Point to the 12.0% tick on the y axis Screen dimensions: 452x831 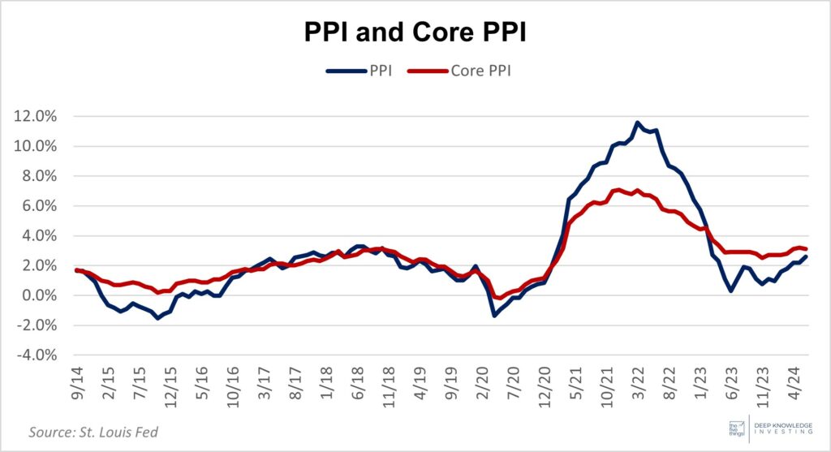pyautogui.click(x=35, y=116)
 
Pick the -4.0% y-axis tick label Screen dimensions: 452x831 pyautogui.click(x=36, y=355)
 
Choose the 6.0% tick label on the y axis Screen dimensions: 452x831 pyautogui.click(x=38, y=206)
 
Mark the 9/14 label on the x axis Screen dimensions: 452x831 pyautogui.click(x=77, y=385)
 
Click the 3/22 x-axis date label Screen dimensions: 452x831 pyautogui.click(x=638, y=385)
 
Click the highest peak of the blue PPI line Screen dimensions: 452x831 pyautogui.click(x=638, y=123)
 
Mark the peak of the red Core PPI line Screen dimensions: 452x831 pyautogui.click(x=618, y=190)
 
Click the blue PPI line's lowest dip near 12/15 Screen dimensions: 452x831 pyautogui.click(x=157, y=318)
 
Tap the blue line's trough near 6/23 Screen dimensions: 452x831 pyautogui.click(x=731, y=291)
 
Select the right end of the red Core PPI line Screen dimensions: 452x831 pyautogui.click(x=804, y=249)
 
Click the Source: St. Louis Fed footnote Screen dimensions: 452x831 pyautogui.click(x=93, y=432)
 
